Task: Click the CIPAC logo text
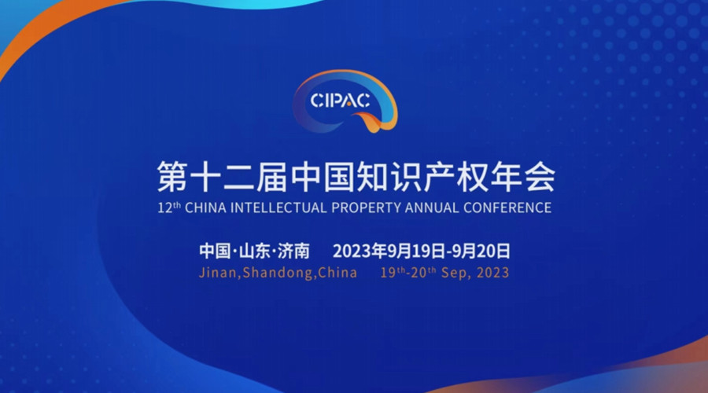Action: point(341,101)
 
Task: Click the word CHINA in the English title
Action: point(205,208)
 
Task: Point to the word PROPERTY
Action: point(366,208)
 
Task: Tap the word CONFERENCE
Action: point(507,208)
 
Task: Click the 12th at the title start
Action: point(169,208)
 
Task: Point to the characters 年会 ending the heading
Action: point(523,176)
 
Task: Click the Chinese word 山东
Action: point(255,251)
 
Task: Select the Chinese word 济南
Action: point(293,251)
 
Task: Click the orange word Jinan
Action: point(218,273)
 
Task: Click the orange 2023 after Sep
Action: point(492,273)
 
